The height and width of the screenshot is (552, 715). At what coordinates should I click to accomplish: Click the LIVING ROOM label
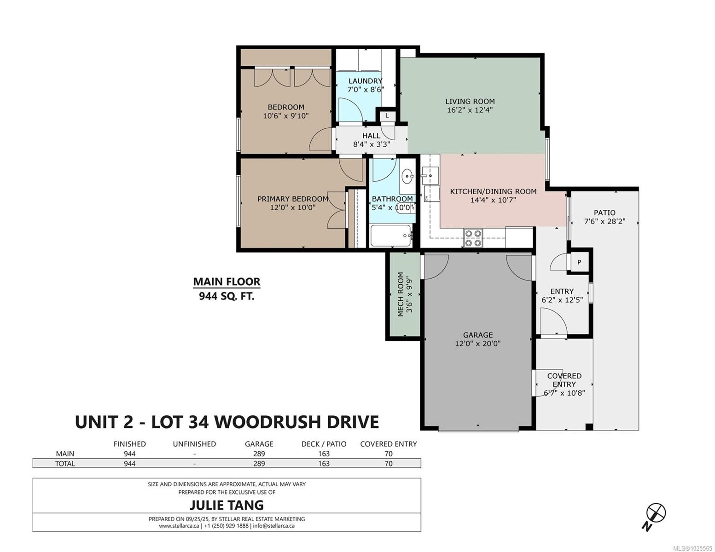click(470, 102)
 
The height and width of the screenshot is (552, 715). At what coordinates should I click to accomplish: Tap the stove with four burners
click(473, 238)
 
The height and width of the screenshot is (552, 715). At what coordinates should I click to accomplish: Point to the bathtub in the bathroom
click(391, 236)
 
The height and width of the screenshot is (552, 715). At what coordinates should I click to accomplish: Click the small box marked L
click(387, 116)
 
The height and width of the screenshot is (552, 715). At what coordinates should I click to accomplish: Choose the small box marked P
click(579, 262)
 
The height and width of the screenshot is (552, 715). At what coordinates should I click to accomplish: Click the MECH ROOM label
click(401, 294)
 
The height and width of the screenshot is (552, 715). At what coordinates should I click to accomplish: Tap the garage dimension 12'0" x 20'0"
click(478, 344)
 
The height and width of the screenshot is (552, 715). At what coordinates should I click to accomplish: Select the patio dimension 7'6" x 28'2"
click(605, 222)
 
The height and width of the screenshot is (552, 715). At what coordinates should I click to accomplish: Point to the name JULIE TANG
click(227, 505)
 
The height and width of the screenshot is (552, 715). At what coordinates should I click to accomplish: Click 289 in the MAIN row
click(259, 454)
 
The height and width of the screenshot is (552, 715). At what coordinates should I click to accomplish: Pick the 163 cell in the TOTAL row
click(324, 464)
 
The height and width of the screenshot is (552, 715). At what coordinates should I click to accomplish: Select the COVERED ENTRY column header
click(388, 444)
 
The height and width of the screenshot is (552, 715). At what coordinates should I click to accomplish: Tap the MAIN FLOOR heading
click(227, 282)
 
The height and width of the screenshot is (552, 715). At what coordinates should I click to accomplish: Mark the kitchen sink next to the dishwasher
click(430, 176)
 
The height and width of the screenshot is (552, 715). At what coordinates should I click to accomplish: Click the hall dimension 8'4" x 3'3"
click(372, 144)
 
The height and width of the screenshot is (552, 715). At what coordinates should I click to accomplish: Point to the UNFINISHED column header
click(194, 444)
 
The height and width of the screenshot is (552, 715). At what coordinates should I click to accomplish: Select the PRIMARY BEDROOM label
click(292, 199)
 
